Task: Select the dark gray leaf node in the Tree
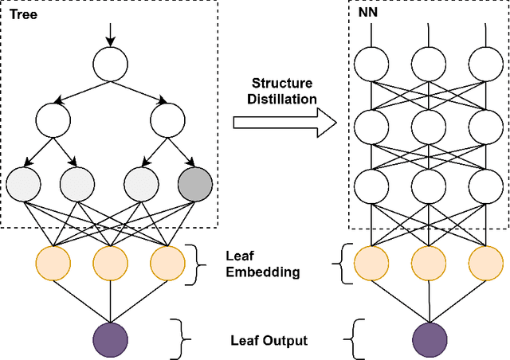[196, 185]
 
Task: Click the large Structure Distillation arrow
[285, 122]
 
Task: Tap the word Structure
[283, 83]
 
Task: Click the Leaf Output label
[269, 340]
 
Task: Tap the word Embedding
[263, 272]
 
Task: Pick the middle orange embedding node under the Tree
[110, 264]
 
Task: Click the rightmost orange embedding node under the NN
[484, 264]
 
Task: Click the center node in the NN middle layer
[429, 123]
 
